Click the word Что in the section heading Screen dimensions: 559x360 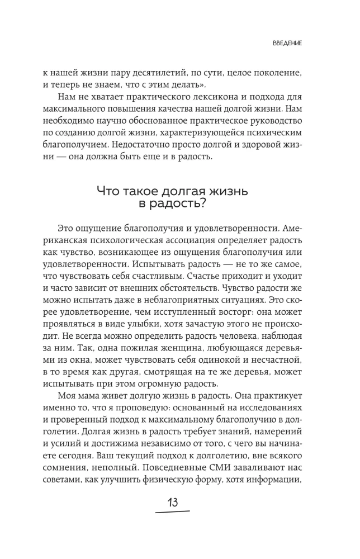tap(110, 192)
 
